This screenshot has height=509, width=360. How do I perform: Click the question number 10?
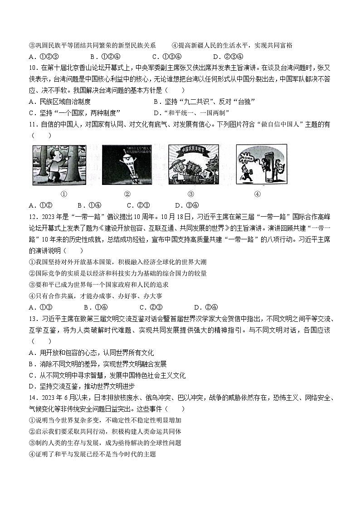[x=33, y=68]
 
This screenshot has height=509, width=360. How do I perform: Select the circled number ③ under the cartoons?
[x=190, y=194]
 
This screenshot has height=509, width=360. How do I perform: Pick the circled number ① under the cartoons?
[x=64, y=194]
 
